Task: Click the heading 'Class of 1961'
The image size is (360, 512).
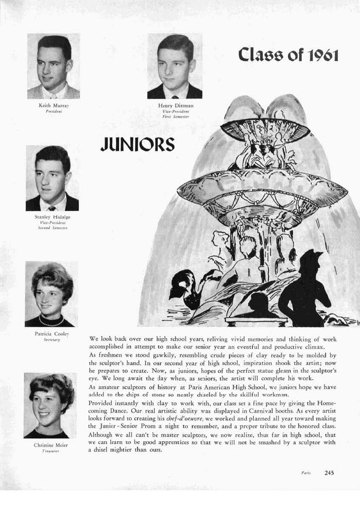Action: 289,55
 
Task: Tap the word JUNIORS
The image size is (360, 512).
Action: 137,144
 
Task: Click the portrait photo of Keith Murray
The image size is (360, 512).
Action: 54,66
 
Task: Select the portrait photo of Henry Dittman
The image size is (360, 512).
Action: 174,66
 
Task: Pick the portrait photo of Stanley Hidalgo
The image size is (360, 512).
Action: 52,178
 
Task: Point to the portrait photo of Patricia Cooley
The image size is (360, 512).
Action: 51,294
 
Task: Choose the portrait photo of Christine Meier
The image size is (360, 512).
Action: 50,405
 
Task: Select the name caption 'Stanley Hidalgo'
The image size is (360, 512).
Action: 52,217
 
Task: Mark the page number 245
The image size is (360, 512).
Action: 329,473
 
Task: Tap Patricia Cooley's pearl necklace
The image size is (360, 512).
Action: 51,320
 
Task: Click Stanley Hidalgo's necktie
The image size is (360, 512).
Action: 52,208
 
